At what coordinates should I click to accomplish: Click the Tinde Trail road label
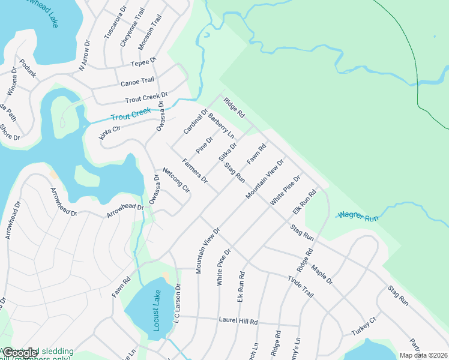click(301, 286)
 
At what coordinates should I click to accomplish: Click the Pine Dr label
click(205, 145)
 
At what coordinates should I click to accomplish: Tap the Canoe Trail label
click(137, 81)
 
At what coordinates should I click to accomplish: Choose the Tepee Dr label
click(143, 62)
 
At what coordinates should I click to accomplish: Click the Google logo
click(20, 353)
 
